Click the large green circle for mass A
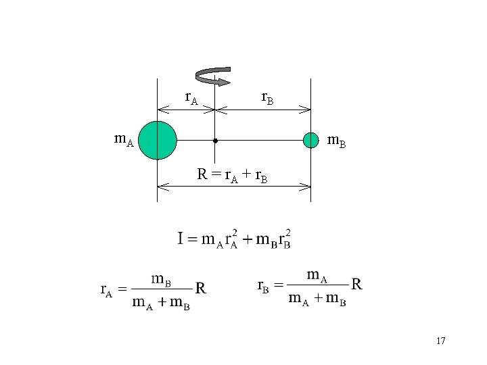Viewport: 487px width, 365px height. (x=158, y=140)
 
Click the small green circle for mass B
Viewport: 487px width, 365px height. (x=310, y=140)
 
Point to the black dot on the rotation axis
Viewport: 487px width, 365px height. (x=214, y=141)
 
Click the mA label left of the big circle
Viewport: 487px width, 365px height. (x=124, y=141)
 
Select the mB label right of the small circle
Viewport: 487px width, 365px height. (x=337, y=141)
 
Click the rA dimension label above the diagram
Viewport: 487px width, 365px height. (x=191, y=99)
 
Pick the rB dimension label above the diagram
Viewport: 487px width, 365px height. (x=267, y=99)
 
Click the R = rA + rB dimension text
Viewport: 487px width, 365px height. (x=232, y=175)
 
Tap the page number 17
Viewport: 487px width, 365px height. (x=440, y=341)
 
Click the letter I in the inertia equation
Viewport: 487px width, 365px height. (x=181, y=238)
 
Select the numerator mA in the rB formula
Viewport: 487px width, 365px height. (x=317, y=275)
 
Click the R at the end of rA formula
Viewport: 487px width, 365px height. (x=200, y=289)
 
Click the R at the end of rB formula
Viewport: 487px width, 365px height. (x=357, y=285)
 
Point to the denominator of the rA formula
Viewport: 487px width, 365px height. (x=161, y=302)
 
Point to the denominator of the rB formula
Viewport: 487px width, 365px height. (x=317, y=299)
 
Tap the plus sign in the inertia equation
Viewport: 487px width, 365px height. (x=248, y=239)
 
